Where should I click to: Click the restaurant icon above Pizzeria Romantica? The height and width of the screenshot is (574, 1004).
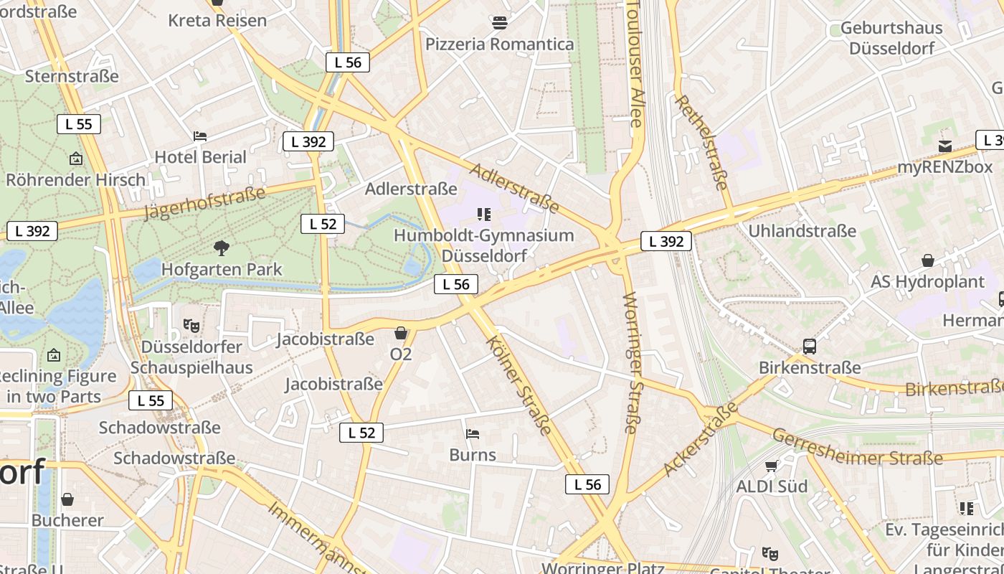[x=500, y=23]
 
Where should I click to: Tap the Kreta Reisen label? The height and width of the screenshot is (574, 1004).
[x=217, y=20]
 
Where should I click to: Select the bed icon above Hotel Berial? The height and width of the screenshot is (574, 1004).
[x=200, y=136]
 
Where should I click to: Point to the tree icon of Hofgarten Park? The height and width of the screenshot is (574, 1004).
[x=222, y=248]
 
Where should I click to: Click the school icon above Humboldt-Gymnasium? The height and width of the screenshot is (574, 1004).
[x=484, y=214]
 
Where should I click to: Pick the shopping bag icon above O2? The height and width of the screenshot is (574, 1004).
[x=401, y=333]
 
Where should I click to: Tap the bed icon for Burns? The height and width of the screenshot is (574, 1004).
[x=473, y=434]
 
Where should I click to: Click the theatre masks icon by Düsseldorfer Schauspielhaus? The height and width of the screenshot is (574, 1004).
[x=191, y=325]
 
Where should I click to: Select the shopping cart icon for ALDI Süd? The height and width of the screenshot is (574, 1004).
[x=772, y=466]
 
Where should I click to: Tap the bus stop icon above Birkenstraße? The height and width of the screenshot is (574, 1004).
[x=810, y=347]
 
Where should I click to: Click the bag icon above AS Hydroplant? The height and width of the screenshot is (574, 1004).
[x=928, y=260]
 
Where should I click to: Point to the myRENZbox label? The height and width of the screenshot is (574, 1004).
[x=945, y=167]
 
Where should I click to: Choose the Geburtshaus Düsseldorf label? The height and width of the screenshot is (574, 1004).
[x=891, y=38]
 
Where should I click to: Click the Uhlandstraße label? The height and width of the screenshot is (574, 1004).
[x=802, y=230]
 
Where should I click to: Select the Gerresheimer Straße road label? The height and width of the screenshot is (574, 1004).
[x=857, y=446]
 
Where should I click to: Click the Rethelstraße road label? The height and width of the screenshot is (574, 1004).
[x=702, y=142]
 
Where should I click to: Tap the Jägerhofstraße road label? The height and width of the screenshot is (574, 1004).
[x=204, y=202]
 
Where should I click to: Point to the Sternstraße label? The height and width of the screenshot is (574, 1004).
[x=72, y=76]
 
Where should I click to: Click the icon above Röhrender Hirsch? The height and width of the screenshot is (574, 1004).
[x=76, y=159]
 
